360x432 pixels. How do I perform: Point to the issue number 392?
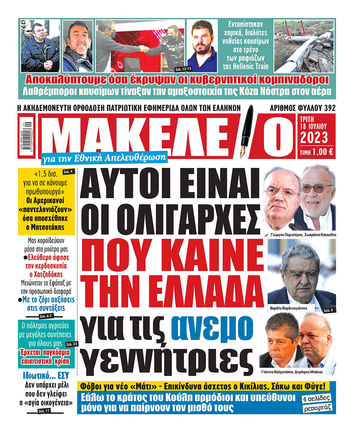click(x=329, y=108)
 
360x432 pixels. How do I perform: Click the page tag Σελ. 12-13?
click(x=177, y=69)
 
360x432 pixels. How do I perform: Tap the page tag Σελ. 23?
click(x=72, y=344)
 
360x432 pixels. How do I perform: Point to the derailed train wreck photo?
click(x=304, y=46)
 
